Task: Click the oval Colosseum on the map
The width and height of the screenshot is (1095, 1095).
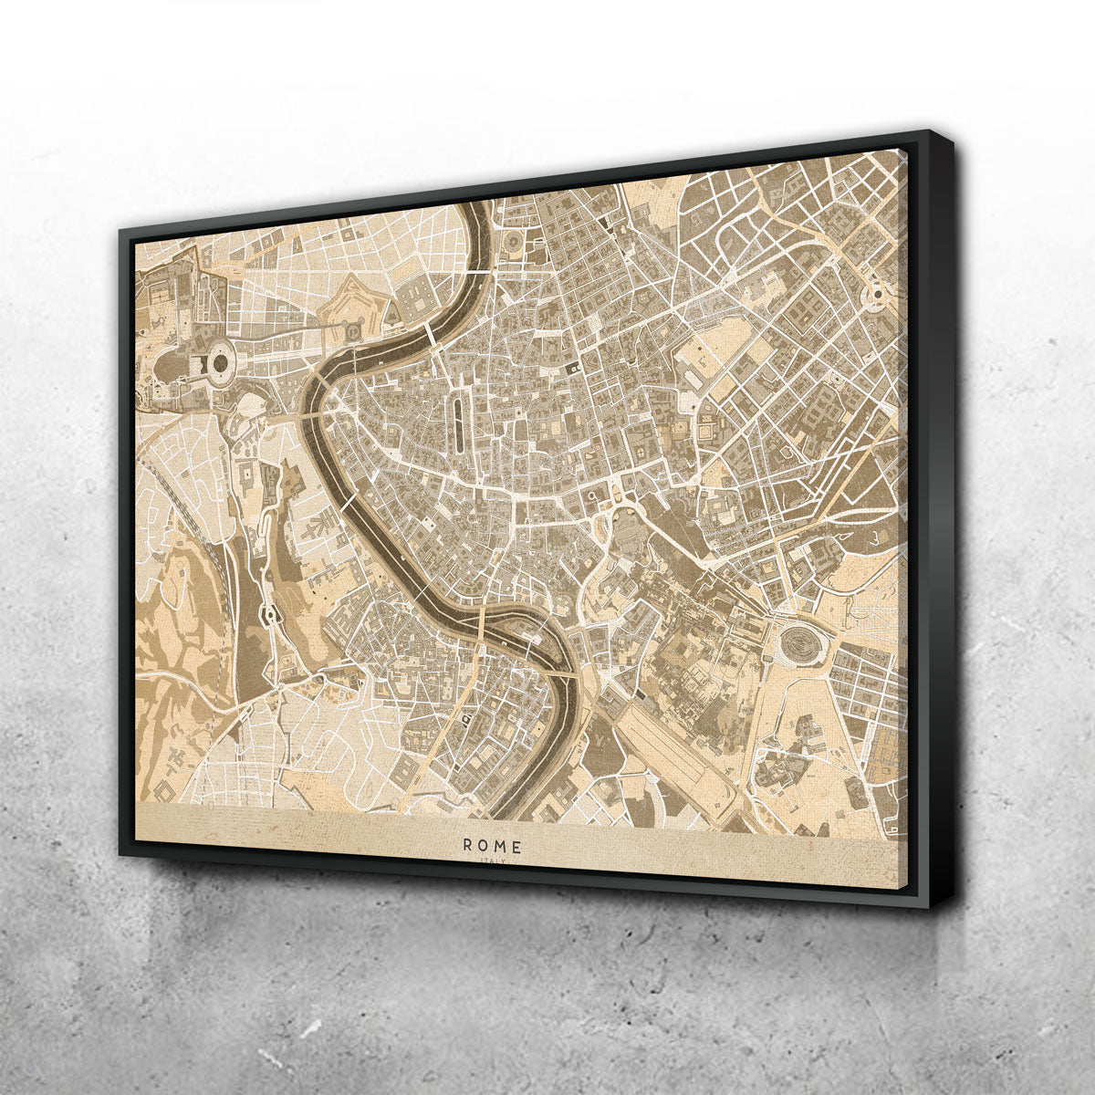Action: click(x=798, y=643)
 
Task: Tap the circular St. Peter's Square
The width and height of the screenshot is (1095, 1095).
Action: click(x=220, y=361)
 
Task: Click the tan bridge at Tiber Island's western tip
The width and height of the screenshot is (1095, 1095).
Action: click(x=480, y=629)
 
